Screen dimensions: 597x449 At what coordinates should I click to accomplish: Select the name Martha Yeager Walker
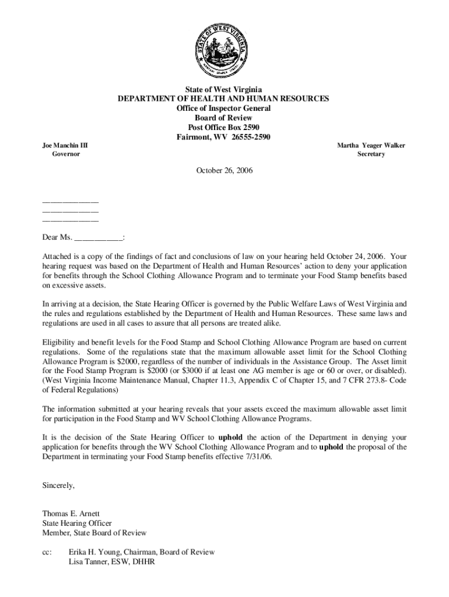371,145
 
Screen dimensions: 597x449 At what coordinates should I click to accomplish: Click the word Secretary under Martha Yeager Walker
371,154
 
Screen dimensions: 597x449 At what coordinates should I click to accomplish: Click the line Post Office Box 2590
224,127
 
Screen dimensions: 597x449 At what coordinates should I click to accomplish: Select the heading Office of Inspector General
224,108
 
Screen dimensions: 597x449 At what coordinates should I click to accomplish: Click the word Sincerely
58,484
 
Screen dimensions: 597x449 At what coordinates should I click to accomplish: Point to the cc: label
47,552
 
